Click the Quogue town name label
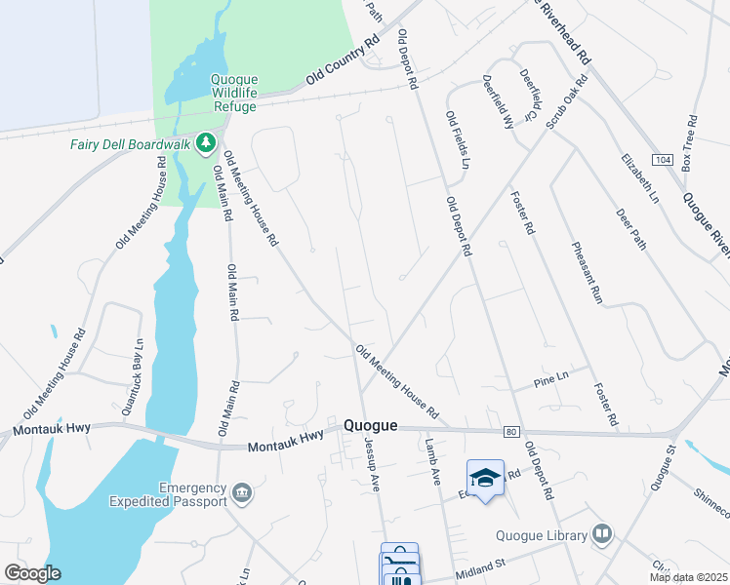pos(371,425)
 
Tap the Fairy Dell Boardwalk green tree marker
pos(205,144)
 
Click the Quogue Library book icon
pos(603,534)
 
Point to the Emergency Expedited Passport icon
pos(243,495)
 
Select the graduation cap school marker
pos(485,478)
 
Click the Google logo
pos(32,573)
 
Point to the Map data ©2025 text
pos(688,577)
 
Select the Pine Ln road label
pos(551,379)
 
